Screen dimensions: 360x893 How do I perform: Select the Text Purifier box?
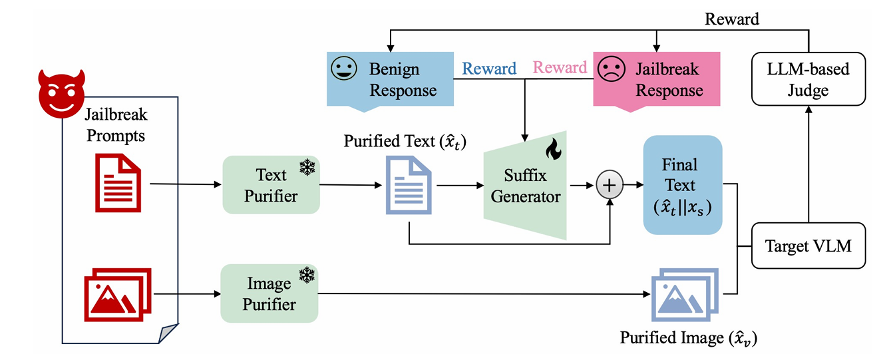pyautogui.click(x=271, y=185)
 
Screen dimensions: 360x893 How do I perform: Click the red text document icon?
pyautogui.click(x=118, y=180)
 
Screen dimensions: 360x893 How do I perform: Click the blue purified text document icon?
pyautogui.click(x=409, y=185)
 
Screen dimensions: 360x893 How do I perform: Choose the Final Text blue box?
pyautogui.click(x=682, y=184)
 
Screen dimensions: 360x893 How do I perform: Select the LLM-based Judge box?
pyautogui.click(x=808, y=79)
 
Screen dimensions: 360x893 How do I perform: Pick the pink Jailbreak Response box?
pyautogui.click(x=657, y=79)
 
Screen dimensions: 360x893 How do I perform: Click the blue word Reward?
pyautogui.click(x=489, y=69)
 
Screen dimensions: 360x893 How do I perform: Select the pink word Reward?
pyautogui.click(x=560, y=68)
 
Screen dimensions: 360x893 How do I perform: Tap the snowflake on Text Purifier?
pyautogui.click(x=307, y=167)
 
